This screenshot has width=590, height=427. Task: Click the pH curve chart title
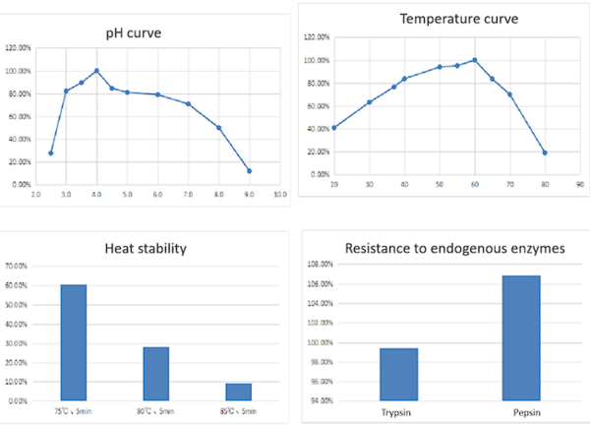coord(134,33)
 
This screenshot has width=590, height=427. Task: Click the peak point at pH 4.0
coord(96,71)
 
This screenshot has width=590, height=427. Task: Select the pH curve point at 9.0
coord(249,171)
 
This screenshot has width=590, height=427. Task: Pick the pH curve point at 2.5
coord(51,152)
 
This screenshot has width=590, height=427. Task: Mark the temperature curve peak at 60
coord(475,60)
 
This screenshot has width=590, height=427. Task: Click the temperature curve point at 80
coord(544,152)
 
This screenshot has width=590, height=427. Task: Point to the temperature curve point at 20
coord(334,128)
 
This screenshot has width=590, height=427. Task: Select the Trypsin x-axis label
coord(397,413)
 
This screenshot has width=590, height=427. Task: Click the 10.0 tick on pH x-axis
coord(279,195)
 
